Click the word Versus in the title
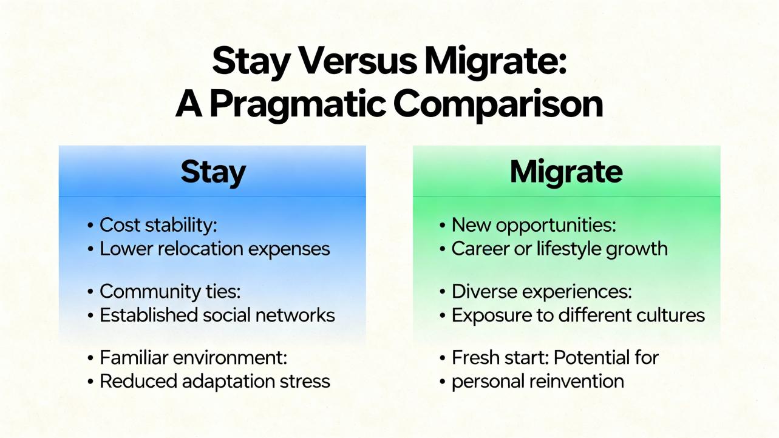tap(358, 61)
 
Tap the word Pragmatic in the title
tap(298, 104)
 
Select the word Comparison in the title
tap(498, 104)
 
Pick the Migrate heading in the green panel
tap(566, 172)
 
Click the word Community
tap(150, 291)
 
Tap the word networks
tap(295, 315)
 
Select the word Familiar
tap(134, 357)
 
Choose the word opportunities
tap(556, 226)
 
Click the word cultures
tap(670, 315)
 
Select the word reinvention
tap(577, 382)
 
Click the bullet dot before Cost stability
tap(90, 226)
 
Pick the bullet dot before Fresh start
tap(443, 358)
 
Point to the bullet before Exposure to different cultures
tap(443, 315)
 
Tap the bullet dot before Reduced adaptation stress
tap(90, 382)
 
